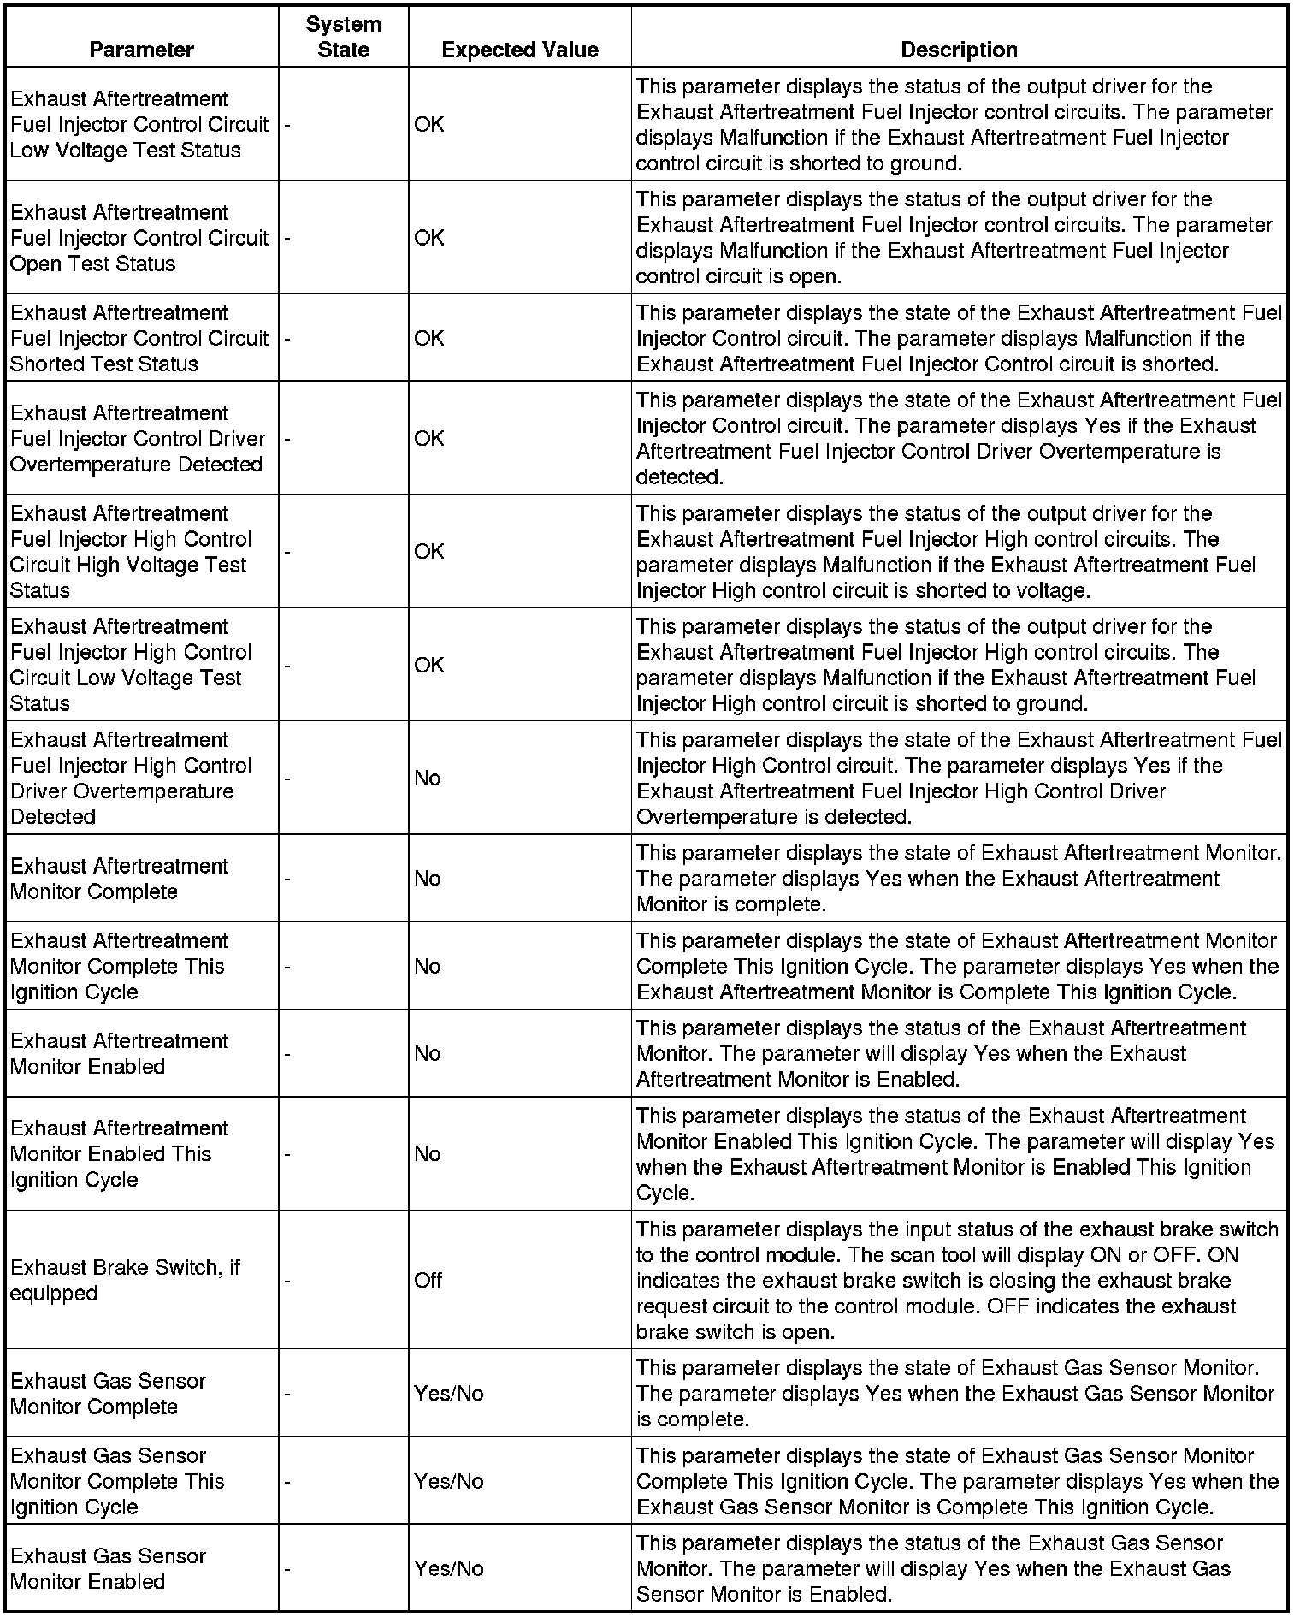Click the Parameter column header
[141, 50]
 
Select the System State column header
[343, 37]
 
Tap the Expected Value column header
[519, 50]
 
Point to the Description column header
[959, 50]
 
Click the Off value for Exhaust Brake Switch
[428, 1280]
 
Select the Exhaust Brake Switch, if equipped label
[125, 1280]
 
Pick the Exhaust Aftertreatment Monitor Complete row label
[119, 879]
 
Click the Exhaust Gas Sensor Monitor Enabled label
[108, 1568]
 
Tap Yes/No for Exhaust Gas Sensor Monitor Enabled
[449, 1568]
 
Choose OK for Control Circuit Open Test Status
[429, 237]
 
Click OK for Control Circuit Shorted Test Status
[429, 338]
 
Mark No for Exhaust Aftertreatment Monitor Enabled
[428, 1053]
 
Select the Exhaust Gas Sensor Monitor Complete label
[108, 1394]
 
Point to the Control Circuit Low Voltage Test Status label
[139, 124]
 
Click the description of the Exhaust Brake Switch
[957, 1280]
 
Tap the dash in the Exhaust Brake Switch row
[287, 1281]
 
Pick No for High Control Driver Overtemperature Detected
[428, 778]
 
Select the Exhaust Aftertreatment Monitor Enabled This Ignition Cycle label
[119, 1153]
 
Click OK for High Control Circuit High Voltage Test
[429, 551]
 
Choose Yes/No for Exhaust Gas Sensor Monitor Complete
[449, 1394]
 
